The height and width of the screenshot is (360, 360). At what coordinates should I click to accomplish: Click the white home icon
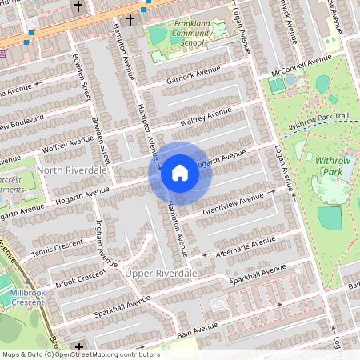pos(180,173)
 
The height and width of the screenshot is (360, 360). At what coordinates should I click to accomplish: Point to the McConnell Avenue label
pos(301,63)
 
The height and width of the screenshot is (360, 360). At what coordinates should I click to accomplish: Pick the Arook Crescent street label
pos(80,278)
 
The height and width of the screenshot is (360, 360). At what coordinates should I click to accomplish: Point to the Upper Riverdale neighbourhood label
pos(160,274)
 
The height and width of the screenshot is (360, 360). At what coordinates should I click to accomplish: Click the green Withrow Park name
pos(334,166)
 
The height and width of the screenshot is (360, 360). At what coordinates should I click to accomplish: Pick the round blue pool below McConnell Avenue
pos(290,80)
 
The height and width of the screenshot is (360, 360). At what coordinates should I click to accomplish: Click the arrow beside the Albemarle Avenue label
pos(206,254)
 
